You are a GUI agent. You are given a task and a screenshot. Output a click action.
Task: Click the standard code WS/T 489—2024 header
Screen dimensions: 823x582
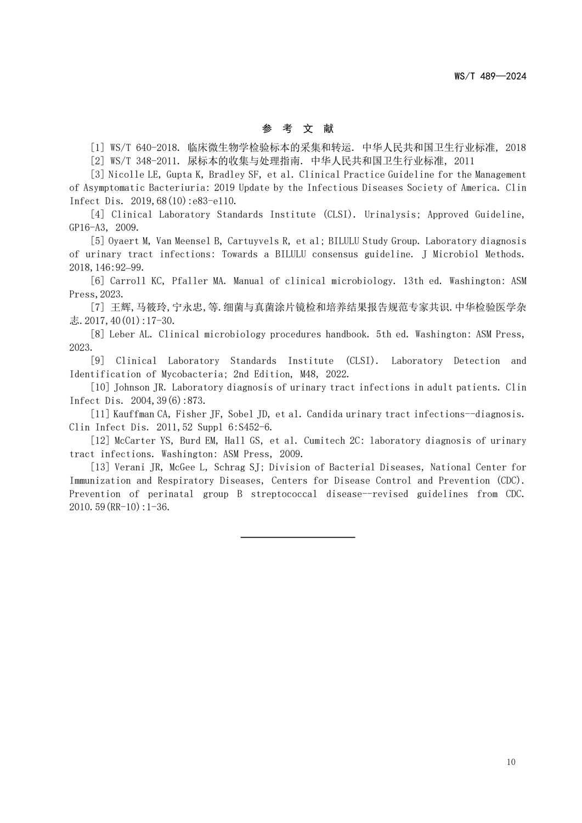coord(490,76)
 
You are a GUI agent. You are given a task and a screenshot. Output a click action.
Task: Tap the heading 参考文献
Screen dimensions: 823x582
coord(298,129)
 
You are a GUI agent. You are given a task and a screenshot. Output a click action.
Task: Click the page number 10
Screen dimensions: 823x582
coord(511,762)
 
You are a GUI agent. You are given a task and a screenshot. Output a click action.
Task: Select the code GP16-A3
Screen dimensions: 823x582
coord(88,228)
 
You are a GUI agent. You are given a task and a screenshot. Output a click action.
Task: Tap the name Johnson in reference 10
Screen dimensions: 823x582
coord(132,387)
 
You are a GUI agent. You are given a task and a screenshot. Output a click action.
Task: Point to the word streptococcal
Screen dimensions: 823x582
coord(284,494)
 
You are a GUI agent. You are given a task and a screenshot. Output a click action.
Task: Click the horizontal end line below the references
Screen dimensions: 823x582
coord(298,537)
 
